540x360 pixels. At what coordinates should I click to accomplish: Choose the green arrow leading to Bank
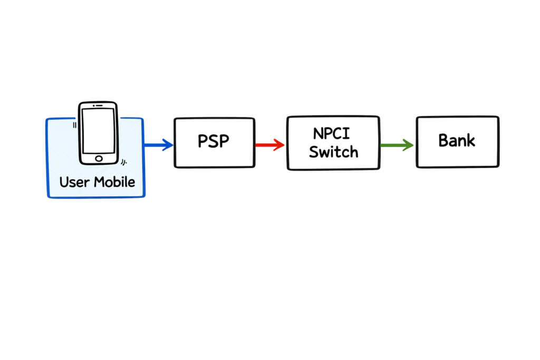pyautogui.click(x=396, y=144)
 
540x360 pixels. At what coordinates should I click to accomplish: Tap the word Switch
pyautogui.click(x=333, y=152)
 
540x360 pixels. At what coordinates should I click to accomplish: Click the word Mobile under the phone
pyautogui.click(x=114, y=182)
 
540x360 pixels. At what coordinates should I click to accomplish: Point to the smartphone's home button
pyautogui.click(x=99, y=158)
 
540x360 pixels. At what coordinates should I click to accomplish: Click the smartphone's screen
pyautogui.click(x=99, y=130)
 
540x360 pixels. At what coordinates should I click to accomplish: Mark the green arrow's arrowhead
pyautogui.click(x=408, y=144)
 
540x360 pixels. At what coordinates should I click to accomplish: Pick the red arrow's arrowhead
pyautogui.click(x=279, y=144)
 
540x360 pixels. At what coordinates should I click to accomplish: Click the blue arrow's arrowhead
pyautogui.click(x=168, y=144)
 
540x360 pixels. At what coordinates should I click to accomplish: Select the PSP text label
pyautogui.click(x=214, y=141)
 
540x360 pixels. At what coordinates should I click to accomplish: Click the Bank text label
pyautogui.click(x=457, y=141)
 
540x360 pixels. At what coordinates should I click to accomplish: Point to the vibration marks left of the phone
pyautogui.click(x=74, y=125)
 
